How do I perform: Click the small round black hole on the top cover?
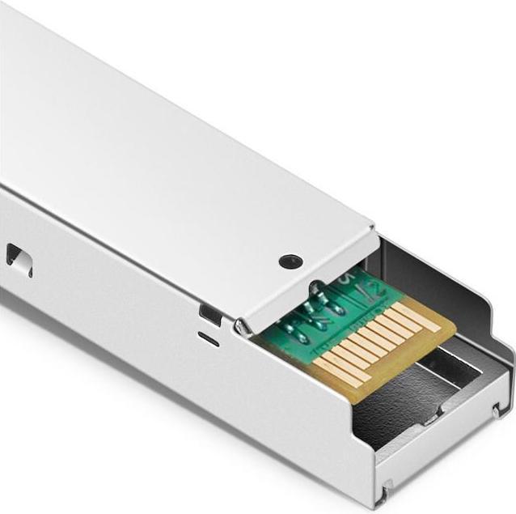pyautogui.click(x=290, y=261)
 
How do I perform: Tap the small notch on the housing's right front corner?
pyautogui.click(x=496, y=411)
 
